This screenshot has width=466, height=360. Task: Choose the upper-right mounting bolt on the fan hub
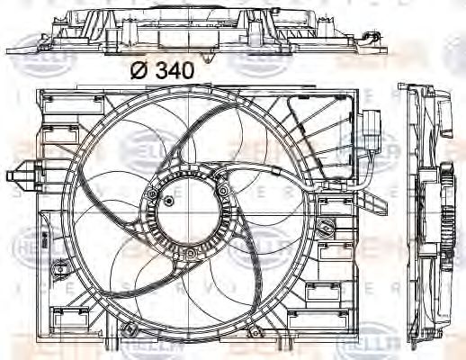(221, 195)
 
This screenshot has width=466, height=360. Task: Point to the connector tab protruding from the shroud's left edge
(20, 173)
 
